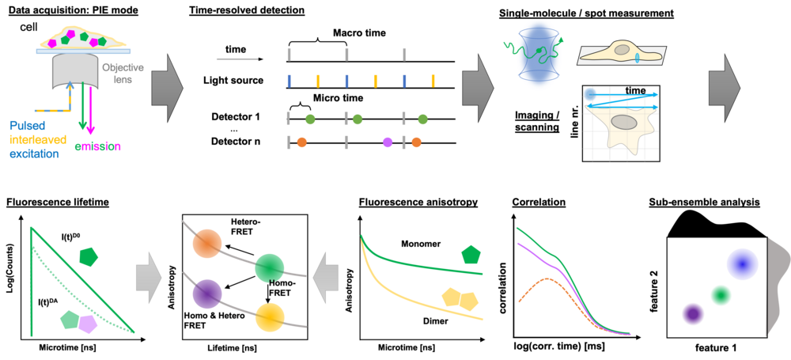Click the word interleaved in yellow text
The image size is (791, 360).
click(x=39, y=138)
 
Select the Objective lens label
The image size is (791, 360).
click(x=123, y=74)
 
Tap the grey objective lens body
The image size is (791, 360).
click(x=74, y=75)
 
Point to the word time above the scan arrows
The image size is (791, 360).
click(x=635, y=90)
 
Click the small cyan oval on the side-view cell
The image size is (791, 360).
click(x=637, y=59)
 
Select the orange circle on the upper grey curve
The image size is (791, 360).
click(x=207, y=243)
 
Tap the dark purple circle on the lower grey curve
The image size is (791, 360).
click(x=207, y=294)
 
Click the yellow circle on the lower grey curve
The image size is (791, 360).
click(x=270, y=318)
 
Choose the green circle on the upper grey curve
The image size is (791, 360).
click(x=270, y=268)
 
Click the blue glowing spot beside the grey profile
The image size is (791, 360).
click(x=742, y=263)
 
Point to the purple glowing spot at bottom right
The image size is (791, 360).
click(x=693, y=314)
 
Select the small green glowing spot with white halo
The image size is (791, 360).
click(x=720, y=294)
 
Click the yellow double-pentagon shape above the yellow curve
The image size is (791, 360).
click(x=459, y=299)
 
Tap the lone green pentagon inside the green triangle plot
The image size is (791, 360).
click(x=88, y=256)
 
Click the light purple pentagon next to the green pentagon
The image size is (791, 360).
click(x=87, y=324)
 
